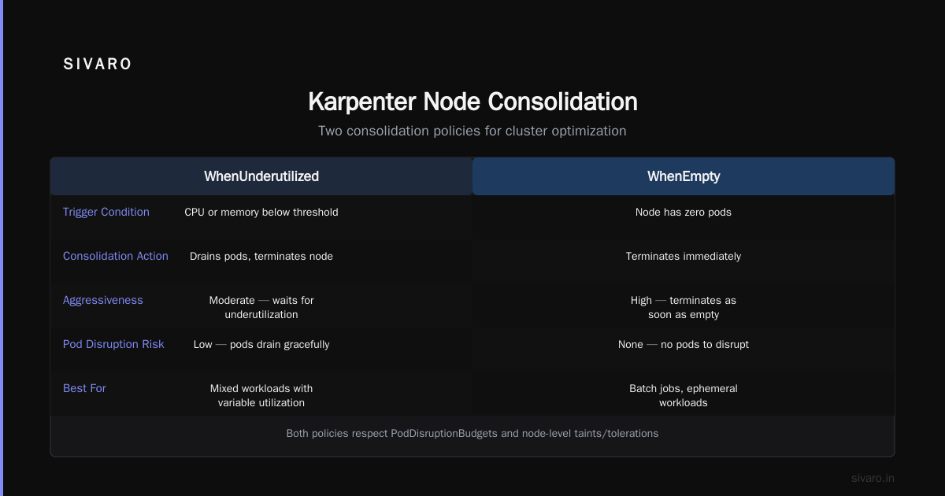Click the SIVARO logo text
pyautogui.click(x=97, y=64)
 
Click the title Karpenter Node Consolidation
pyautogui.click(x=472, y=102)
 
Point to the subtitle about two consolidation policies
pyautogui.click(x=472, y=131)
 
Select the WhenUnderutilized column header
pyautogui.click(x=261, y=176)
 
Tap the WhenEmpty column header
pyautogui.click(x=684, y=176)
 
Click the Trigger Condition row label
pyautogui.click(x=106, y=212)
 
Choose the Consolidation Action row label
pyautogui.click(x=115, y=256)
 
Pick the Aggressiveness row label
pyautogui.click(x=103, y=300)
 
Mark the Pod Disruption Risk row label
pyautogui.click(x=113, y=344)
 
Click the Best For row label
pyautogui.click(x=84, y=388)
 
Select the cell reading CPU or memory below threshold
pyautogui.click(x=261, y=212)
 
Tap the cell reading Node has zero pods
pyautogui.click(x=684, y=212)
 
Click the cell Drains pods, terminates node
pyautogui.click(x=261, y=257)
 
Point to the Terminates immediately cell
pyautogui.click(x=684, y=257)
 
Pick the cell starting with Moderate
pyautogui.click(x=261, y=308)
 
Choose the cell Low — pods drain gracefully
pyautogui.click(x=261, y=345)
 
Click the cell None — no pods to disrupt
pyautogui.click(x=684, y=345)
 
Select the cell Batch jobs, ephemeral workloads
pyautogui.click(x=684, y=395)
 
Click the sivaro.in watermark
pyautogui.click(x=873, y=478)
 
